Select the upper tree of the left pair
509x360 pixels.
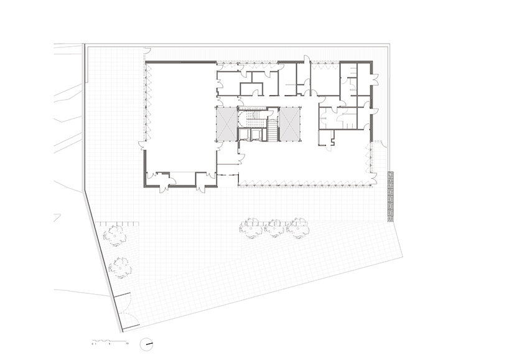[x=114, y=235]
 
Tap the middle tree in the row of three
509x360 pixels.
[x=274, y=229]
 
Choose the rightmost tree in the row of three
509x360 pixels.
[x=297, y=227]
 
